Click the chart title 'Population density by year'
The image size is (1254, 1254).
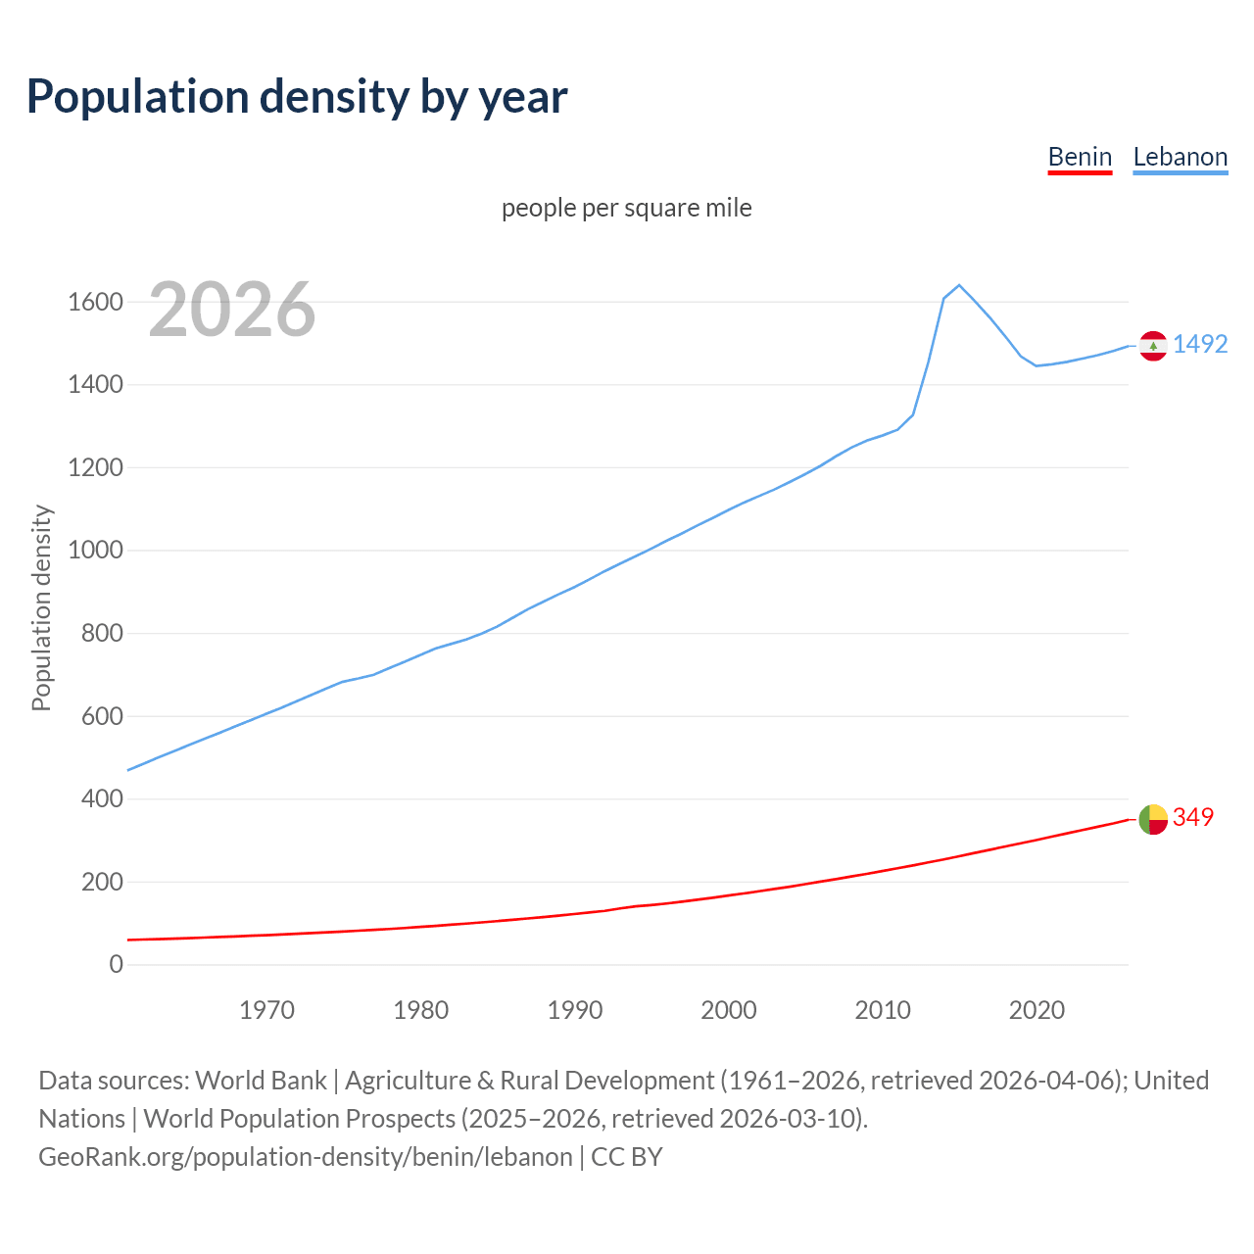[297, 97]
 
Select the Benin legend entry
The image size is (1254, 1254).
[1080, 157]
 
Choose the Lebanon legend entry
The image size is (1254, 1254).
[1180, 157]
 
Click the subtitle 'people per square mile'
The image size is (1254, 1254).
[626, 208]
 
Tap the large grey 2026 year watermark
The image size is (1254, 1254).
[232, 310]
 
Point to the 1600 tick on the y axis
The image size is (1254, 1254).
[95, 302]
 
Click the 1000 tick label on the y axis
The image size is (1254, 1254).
[95, 551]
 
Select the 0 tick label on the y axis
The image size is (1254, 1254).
[117, 965]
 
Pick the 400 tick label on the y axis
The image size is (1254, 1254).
[102, 799]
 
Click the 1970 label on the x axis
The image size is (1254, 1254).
[266, 1010]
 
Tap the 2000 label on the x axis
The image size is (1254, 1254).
[729, 1010]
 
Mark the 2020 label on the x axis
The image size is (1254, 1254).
[1037, 1010]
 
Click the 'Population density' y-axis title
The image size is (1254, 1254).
[41, 607]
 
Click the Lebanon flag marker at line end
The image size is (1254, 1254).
[1153, 346]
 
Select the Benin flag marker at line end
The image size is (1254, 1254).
[1153, 819]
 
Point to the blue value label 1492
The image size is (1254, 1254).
[1200, 344]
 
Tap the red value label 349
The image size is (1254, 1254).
[1193, 817]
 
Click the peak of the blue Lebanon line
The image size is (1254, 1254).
[959, 285]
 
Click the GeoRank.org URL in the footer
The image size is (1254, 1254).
[305, 1157]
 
